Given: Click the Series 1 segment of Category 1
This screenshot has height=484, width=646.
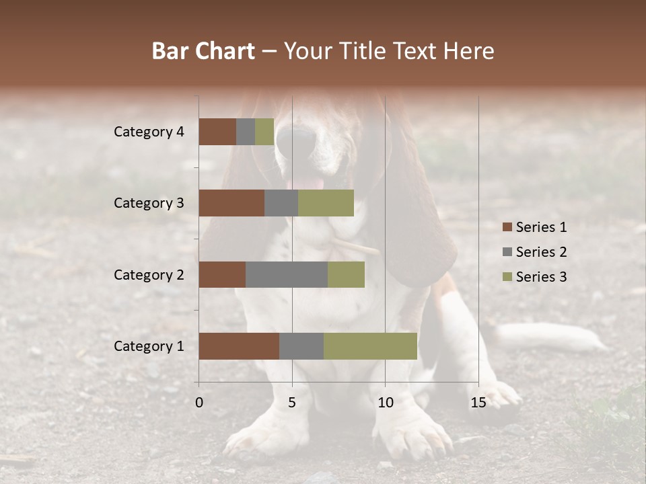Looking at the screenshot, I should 239,346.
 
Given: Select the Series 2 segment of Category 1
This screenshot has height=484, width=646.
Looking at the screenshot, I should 301,346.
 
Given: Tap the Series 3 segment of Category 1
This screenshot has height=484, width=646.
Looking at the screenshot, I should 370,346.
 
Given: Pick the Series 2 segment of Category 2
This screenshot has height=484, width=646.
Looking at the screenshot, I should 287,274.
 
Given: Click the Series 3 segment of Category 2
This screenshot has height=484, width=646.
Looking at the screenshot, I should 346,274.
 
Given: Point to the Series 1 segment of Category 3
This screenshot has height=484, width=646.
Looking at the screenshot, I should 231,203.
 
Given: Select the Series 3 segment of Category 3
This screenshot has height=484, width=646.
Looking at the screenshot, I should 326,203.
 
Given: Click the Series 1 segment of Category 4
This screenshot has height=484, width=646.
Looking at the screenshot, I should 217,132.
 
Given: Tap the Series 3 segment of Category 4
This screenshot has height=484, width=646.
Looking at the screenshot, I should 264,132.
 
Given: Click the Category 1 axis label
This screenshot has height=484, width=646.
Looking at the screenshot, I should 148,346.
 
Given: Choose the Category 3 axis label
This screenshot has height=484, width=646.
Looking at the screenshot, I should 148,203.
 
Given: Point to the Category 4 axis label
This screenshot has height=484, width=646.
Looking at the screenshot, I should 148,132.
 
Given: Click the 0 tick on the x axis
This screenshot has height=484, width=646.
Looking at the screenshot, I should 199,403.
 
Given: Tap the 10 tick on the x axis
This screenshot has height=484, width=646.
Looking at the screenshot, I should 385,403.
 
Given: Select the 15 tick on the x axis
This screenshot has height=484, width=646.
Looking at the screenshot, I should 478,403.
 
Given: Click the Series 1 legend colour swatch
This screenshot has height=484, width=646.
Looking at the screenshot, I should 507,227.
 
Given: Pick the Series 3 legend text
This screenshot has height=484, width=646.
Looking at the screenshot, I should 541,277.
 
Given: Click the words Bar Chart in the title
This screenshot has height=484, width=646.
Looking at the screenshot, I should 203,51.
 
